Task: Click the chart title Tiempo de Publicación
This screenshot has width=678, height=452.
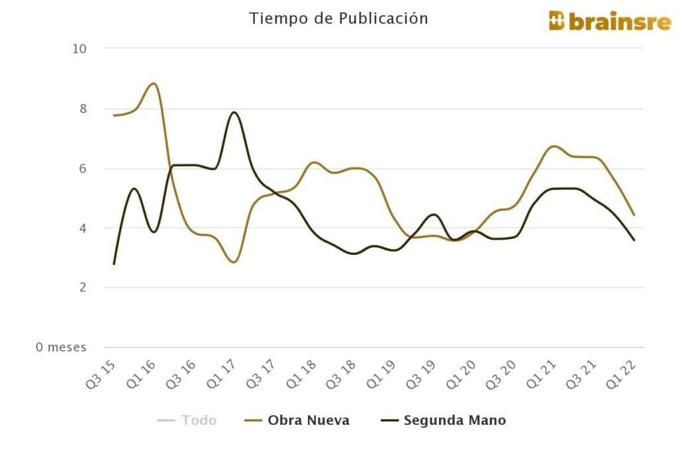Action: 338,19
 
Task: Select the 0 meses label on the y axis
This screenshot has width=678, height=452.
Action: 61,347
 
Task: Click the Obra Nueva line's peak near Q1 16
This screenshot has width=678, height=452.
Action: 154,83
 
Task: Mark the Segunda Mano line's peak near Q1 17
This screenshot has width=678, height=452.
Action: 234,113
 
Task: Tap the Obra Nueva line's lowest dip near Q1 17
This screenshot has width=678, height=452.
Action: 234,262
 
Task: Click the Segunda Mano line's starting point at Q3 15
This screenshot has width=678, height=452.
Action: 114,264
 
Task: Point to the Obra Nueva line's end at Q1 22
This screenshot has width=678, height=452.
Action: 634,215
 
